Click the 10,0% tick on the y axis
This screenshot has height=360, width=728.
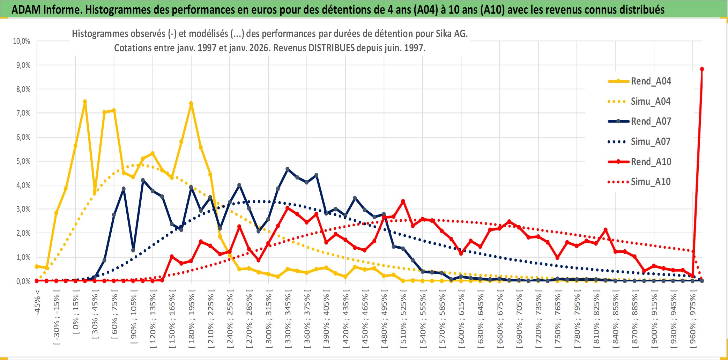[x=22, y=41]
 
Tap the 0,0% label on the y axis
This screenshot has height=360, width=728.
[x=23, y=281]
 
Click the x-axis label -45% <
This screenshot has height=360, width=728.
[x=37, y=302]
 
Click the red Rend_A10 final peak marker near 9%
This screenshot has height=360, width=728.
[x=702, y=69]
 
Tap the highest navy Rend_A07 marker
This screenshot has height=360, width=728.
[x=288, y=169]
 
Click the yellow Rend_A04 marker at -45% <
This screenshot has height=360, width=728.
[x=37, y=266]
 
